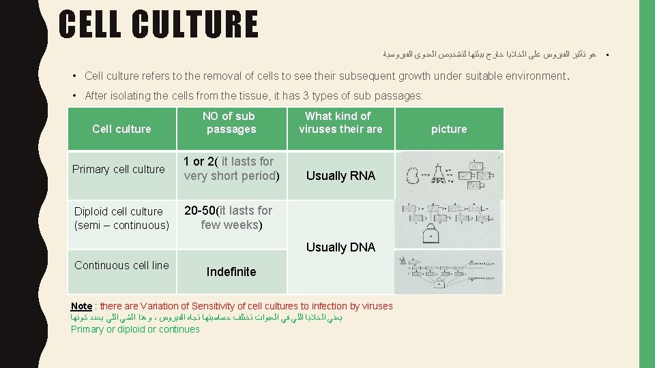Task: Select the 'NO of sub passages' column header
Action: pos(231,123)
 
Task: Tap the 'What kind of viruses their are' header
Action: pos(340,123)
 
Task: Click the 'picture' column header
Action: pos(449,129)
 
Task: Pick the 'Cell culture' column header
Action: pos(121,129)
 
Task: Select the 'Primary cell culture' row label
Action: pos(119,169)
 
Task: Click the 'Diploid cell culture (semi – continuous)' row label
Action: pos(121,218)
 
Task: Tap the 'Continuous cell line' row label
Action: pos(121,266)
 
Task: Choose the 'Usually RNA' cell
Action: pos(340,176)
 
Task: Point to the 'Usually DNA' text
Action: pos(340,247)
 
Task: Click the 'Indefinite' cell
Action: pos(231,272)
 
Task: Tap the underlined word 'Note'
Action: pos(81,307)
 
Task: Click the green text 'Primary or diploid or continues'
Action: pos(135,330)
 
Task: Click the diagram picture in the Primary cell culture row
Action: pos(449,175)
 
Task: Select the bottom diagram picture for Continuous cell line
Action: pos(449,271)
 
